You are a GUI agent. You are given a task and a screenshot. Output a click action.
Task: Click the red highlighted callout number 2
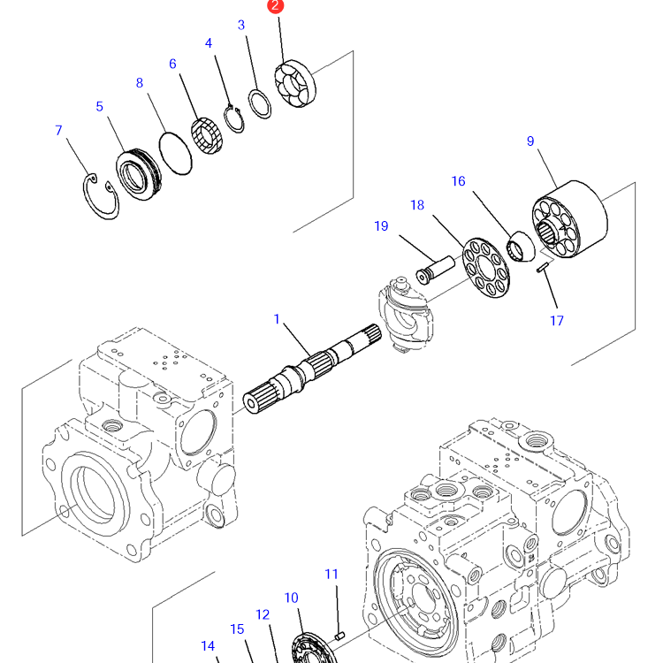(277, 6)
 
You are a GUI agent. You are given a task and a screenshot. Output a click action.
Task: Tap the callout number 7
(58, 131)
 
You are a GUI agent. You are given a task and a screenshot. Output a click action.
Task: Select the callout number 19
(381, 226)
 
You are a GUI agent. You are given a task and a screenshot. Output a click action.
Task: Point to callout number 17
(557, 321)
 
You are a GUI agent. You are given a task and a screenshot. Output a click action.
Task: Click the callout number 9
(530, 141)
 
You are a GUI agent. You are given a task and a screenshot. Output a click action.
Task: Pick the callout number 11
(331, 574)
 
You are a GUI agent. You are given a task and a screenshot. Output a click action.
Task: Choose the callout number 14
(208, 646)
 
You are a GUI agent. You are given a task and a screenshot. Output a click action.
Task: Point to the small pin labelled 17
(544, 266)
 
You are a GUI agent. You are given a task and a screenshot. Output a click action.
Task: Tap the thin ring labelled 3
(260, 104)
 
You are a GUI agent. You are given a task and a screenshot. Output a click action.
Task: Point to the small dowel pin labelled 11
(340, 634)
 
